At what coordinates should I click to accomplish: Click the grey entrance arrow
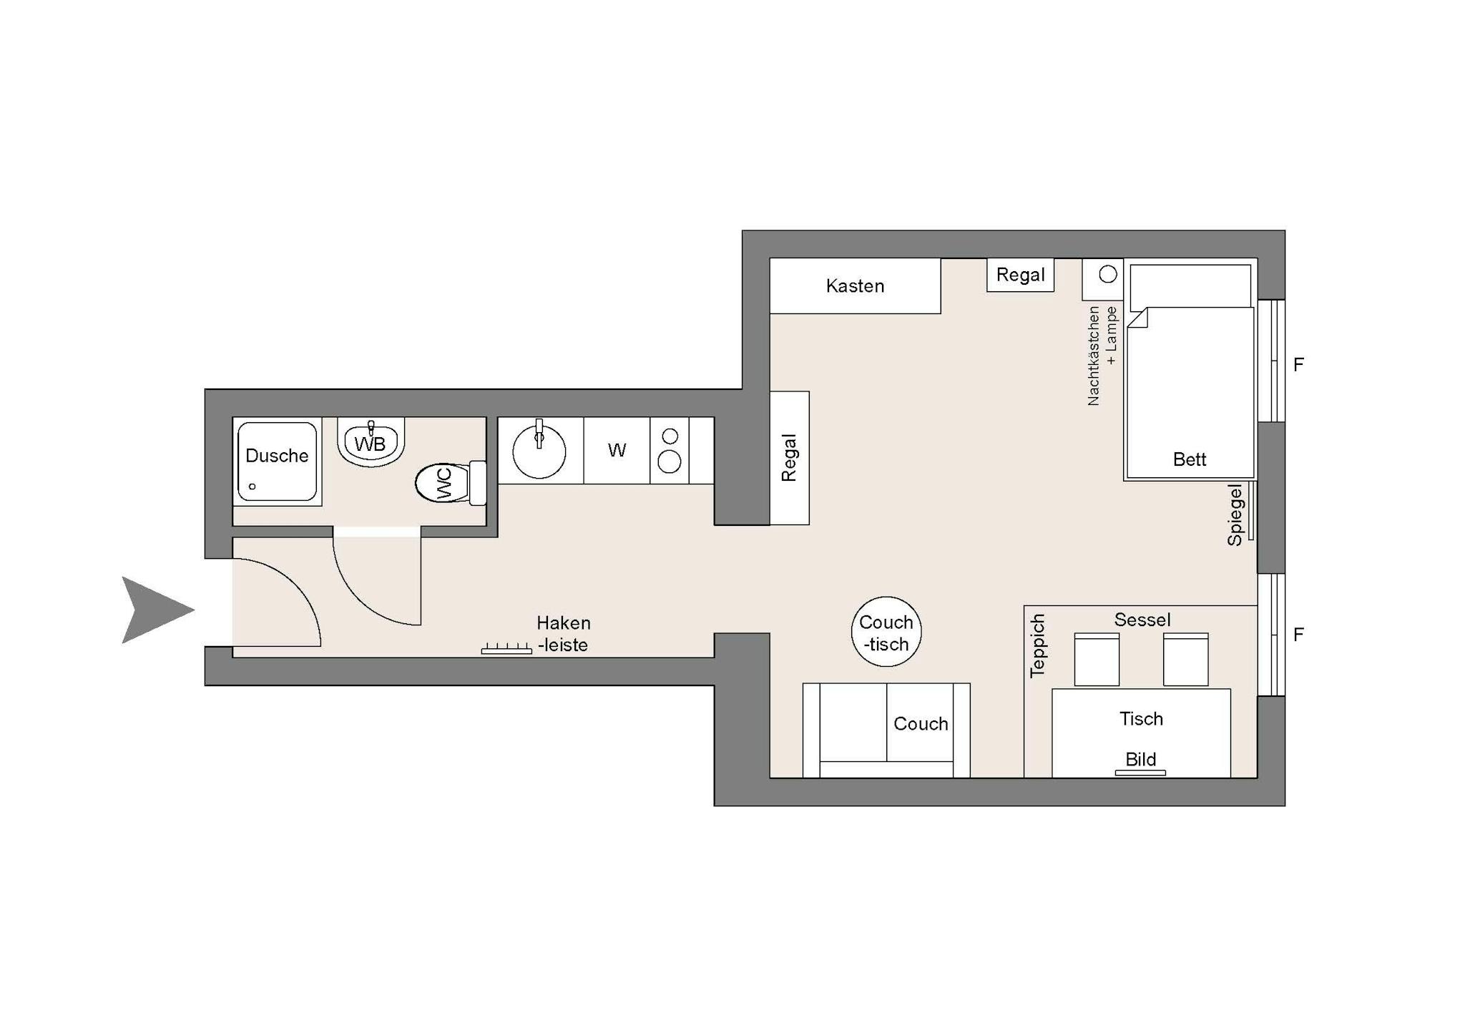[154, 610]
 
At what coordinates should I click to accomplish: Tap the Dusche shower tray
[277, 461]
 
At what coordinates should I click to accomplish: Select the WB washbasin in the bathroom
[371, 442]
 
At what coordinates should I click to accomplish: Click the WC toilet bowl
[443, 482]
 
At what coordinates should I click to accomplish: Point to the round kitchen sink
[539, 451]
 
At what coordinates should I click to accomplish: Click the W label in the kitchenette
[617, 450]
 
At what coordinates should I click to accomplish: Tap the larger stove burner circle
[670, 462]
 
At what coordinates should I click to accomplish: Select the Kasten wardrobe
[855, 285]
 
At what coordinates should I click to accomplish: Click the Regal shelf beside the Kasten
[1021, 275]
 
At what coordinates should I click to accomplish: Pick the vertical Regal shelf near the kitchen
[790, 458]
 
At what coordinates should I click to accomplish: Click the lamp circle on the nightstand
[1108, 274]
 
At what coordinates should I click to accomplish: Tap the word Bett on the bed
[1190, 459]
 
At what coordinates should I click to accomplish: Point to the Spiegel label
[1235, 515]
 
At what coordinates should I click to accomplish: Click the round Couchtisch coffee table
[886, 632]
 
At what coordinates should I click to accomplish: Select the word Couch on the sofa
[921, 723]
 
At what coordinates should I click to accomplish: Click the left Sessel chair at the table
[1097, 659]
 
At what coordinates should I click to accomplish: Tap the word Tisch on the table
[1141, 718]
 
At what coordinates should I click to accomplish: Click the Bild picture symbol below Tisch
[1140, 773]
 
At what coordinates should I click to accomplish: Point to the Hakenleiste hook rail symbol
[506, 648]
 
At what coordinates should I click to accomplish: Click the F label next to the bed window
[1298, 365]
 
